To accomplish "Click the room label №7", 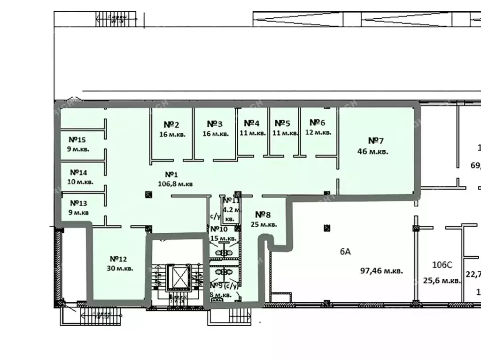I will coord(376,141).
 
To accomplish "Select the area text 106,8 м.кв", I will coord(175,184).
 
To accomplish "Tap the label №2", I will coord(171,124).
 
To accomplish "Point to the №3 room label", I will coord(215,124).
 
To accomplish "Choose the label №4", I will coord(252,123).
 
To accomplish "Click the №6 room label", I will coord(317,123).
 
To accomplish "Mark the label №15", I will coord(77,139).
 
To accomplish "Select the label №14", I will coord(78,172).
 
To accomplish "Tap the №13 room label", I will coord(78,203).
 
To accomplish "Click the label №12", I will coord(119,259).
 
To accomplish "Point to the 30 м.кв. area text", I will coord(120,268).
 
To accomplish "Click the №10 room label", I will coord(219,229).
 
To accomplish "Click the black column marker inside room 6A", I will coord(326,228).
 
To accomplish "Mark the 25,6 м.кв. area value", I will coord(441,281).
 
